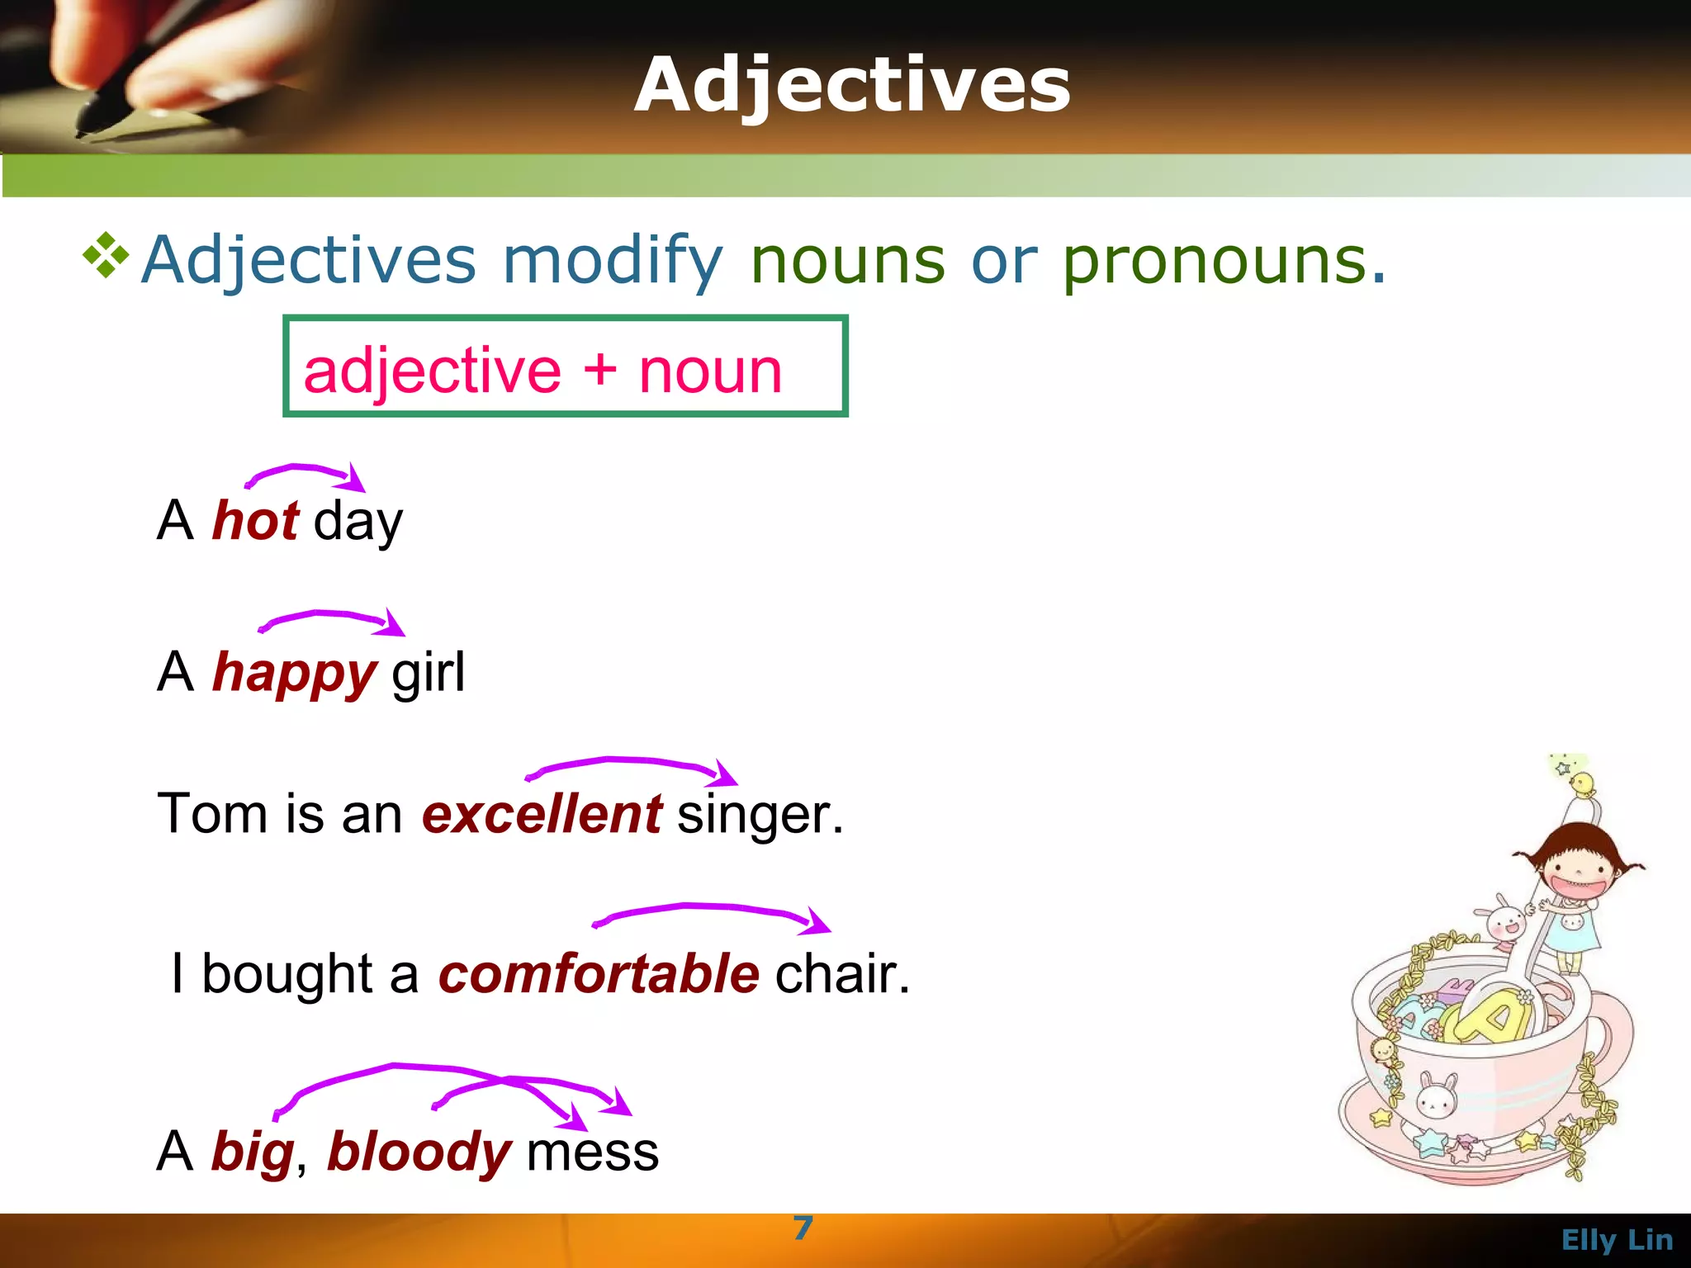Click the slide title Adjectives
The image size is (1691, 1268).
[x=852, y=86]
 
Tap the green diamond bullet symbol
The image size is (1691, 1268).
[x=107, y=255]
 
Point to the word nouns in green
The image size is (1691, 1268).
[x=847, y=261]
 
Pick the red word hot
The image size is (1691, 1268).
[x=255, y=521]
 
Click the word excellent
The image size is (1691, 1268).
[x=542, y=814]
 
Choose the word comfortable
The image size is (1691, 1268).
[x=599, y=973]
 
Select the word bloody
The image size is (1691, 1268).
[x=419, y=1152]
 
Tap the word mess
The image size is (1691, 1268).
[x=592, y=1152]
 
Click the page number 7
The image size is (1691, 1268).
[x=803, y=1228]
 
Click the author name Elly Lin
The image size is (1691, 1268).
[x=1617, y=1240]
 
